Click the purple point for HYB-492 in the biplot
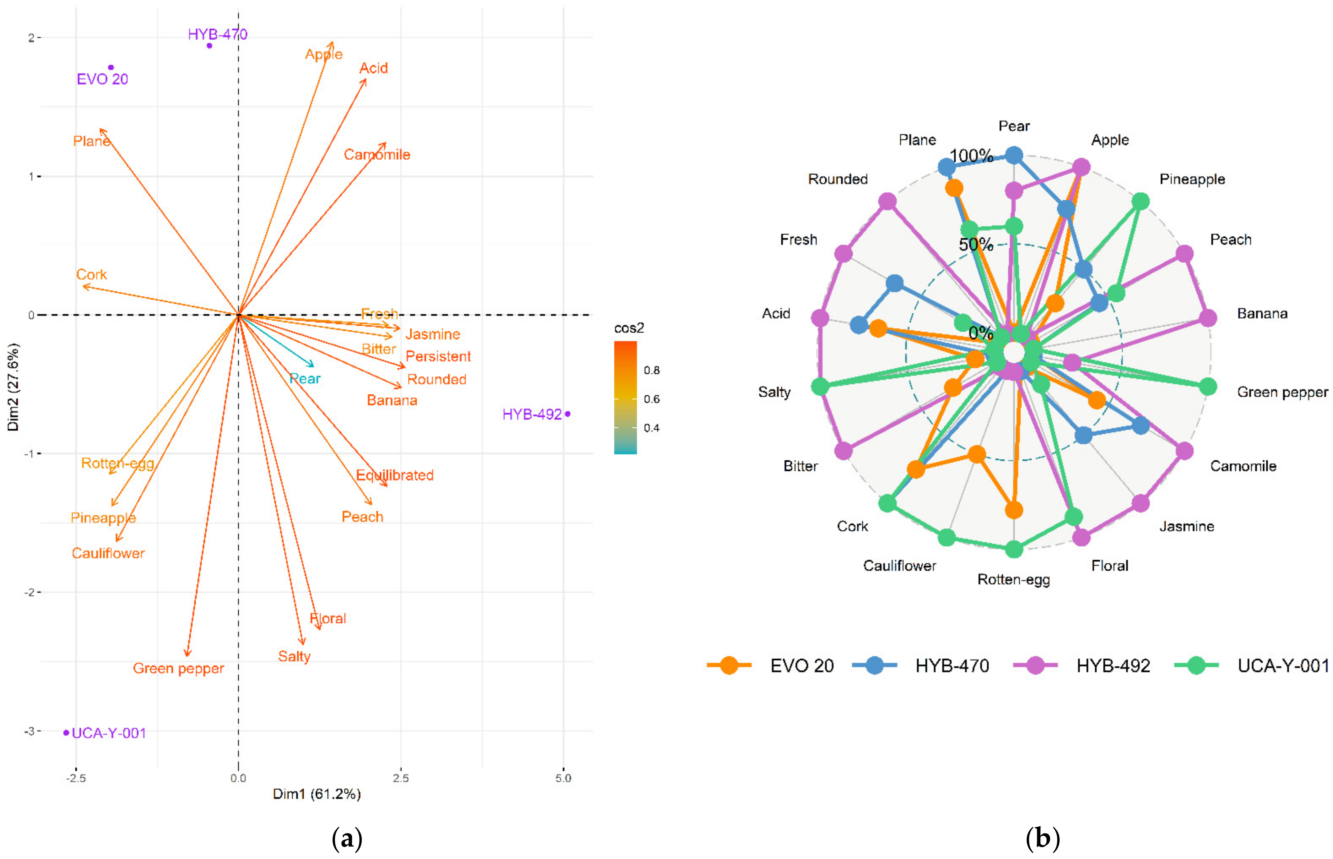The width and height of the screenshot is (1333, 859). click(568, 414)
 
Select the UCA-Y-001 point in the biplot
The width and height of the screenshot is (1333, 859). click(66, 732)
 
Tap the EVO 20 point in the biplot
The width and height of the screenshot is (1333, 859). click(111, 67)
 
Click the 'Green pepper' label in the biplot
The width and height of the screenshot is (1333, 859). click(178, 668)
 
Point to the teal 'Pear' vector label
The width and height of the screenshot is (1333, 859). click(305, 379)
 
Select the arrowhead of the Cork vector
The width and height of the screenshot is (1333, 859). click(83, 287)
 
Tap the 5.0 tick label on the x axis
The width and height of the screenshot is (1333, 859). click(563, 778)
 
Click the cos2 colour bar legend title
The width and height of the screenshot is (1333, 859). click(629, 328)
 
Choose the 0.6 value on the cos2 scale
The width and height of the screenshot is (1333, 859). click(652, 399)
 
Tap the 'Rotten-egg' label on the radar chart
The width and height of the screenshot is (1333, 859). click(1014, 580)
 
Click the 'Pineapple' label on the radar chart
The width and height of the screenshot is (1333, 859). click(1192, 179)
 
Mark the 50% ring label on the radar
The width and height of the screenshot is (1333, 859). click(976, 244)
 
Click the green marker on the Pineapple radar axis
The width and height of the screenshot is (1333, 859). click(1141, 201)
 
